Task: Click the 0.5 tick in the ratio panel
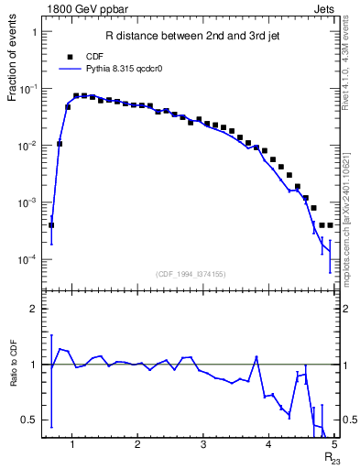point(30,420)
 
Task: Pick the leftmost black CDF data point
point(51,224)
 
